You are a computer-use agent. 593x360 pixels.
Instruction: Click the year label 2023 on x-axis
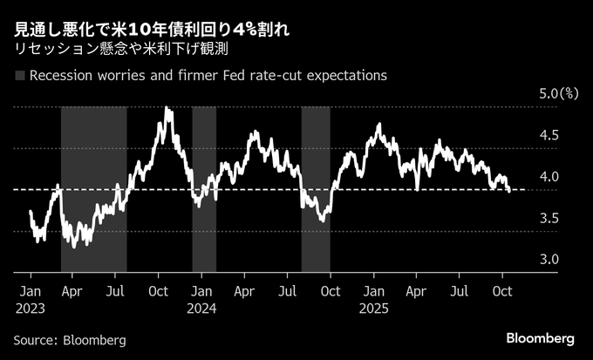pyautogui.click(x=31, y=307)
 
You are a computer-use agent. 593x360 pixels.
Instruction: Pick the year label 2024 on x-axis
pyautogui.click(x=203, y=307)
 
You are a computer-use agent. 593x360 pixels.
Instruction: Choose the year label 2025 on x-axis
pyautogui.click(x=376, y=307)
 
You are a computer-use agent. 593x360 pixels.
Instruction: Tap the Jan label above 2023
pyautogui.click(x=29, y=290)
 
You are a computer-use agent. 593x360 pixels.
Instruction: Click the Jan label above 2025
pyautogui.click(x=375, y=290)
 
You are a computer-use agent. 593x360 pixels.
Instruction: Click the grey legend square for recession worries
pyautogui.click(x=19, y=76)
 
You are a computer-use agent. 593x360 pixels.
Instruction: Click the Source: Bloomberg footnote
pyautogui.click(x=70, y=339)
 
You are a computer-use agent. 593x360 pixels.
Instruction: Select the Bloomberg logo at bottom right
pyautogui.click(x=541, y=338)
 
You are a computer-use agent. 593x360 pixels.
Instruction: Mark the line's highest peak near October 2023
pyautogui.click(x=166, y=109)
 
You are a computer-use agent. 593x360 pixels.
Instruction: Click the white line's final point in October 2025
pyautogui.click(x=509, y=192)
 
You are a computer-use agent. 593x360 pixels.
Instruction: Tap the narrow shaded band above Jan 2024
pyautogui.click(x=204, y=187)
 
